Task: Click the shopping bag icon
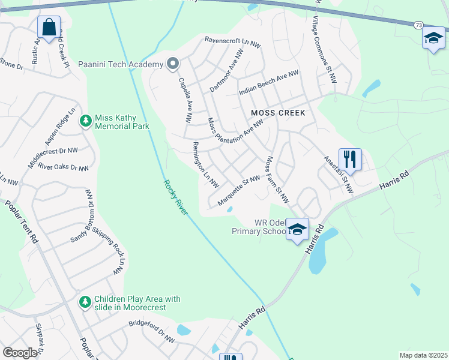tap(49, 27)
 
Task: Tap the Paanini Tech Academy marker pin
tap(173, 64)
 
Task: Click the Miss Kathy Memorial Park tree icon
tap(86, 121)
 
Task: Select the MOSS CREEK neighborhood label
tap(278, 113)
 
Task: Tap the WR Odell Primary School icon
tap(297, 229)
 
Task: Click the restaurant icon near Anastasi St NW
tap(350, 160)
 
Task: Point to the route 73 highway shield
tap(418, 25)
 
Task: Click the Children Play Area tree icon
tap(86, 300)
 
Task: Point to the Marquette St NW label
tap(238, 190)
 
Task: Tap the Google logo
tap(19, 352)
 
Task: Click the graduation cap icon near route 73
tap(433, 39)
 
